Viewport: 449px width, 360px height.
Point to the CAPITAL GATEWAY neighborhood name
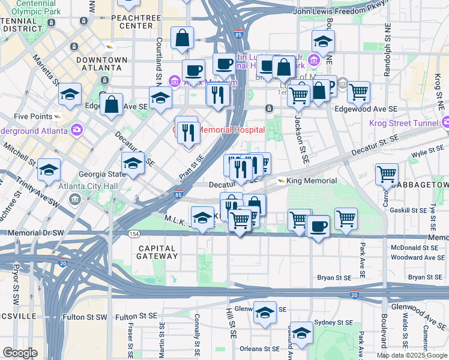coord(157,252)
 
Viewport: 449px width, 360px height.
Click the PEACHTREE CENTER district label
coord(136,22)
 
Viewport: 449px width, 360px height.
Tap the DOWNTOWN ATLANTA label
coord(102,64)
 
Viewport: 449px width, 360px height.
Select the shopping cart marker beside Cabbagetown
coord(387,175)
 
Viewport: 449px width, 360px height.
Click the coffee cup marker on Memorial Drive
coord(317,227)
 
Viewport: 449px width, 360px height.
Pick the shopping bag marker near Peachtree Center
coord(182,38)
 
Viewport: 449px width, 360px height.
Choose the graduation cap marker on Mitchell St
coord(49,170)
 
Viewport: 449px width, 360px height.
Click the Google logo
coord(20,352)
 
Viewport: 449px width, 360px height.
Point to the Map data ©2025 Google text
coord(412,355)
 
